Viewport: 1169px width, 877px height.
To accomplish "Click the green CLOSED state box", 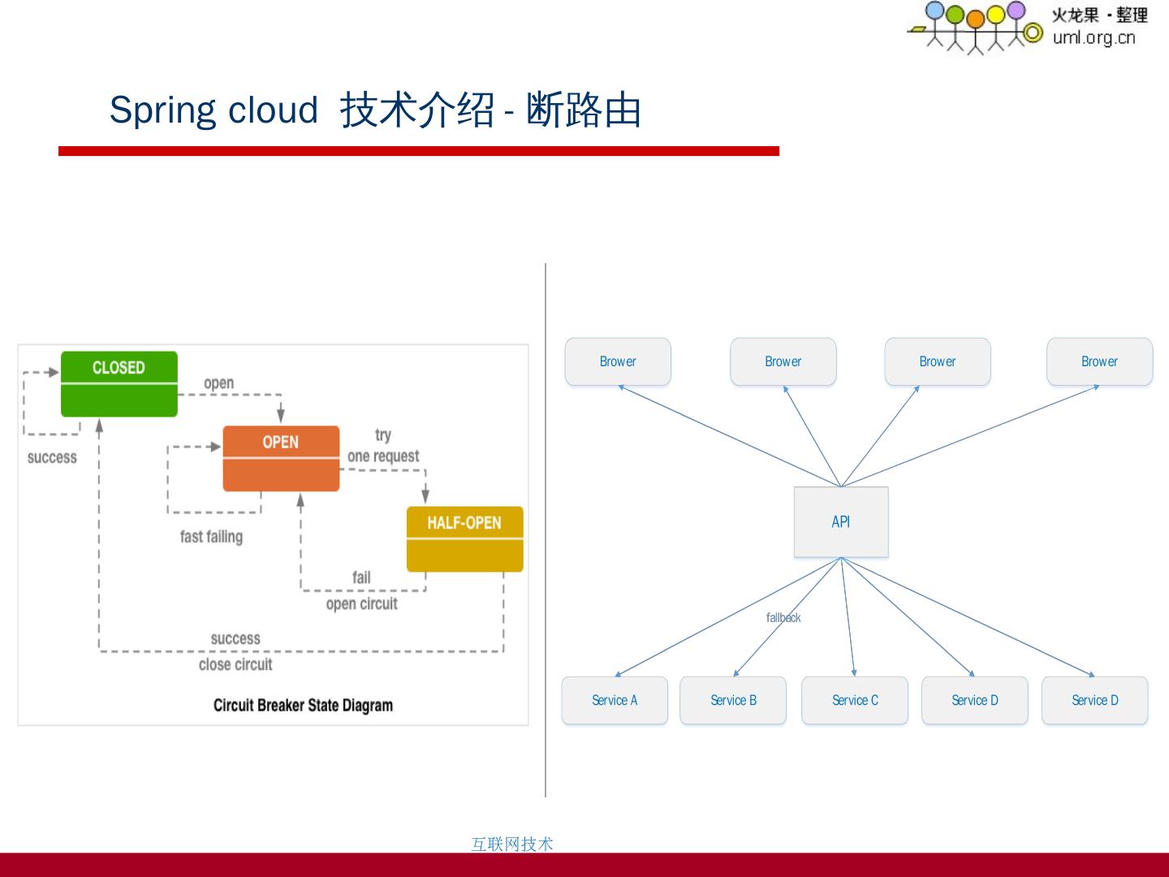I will click(x=119, y=383).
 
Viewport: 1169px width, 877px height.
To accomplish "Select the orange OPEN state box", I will click(x=281, y=458).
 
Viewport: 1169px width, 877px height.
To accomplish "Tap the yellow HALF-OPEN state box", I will click(x=464, y=538).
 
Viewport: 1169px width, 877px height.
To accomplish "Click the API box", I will click(x=841, y=522).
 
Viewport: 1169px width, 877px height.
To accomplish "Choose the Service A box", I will click(x=615, y=700).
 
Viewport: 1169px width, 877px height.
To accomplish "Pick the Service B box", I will click(x=733, y=700).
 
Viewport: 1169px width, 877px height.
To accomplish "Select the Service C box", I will click(x=855, y=700).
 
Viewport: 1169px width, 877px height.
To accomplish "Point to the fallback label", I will click(x=783, y=618).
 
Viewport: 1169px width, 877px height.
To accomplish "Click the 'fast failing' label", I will click(x=211, y=537).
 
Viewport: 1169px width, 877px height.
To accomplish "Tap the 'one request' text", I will click(x=383, y=456).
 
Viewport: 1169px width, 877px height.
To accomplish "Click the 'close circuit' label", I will click(x=235, y=664).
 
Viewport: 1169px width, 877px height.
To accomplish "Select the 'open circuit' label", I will click(x=361, y=603).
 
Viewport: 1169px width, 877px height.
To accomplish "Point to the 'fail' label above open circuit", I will click(x=361, y=577).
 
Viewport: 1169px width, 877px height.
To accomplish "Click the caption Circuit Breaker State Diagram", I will click(x=303, y=705).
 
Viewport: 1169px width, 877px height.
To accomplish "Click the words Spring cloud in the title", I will click(x=214, y=110).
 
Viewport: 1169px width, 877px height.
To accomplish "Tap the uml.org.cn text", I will click(x=1094, y=37).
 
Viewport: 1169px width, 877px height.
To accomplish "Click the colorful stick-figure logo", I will click(x=974, y=26).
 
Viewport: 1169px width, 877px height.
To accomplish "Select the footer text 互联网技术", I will click(x=512, y=844).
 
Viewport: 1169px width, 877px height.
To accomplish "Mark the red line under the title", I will click(x=418, y=151).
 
